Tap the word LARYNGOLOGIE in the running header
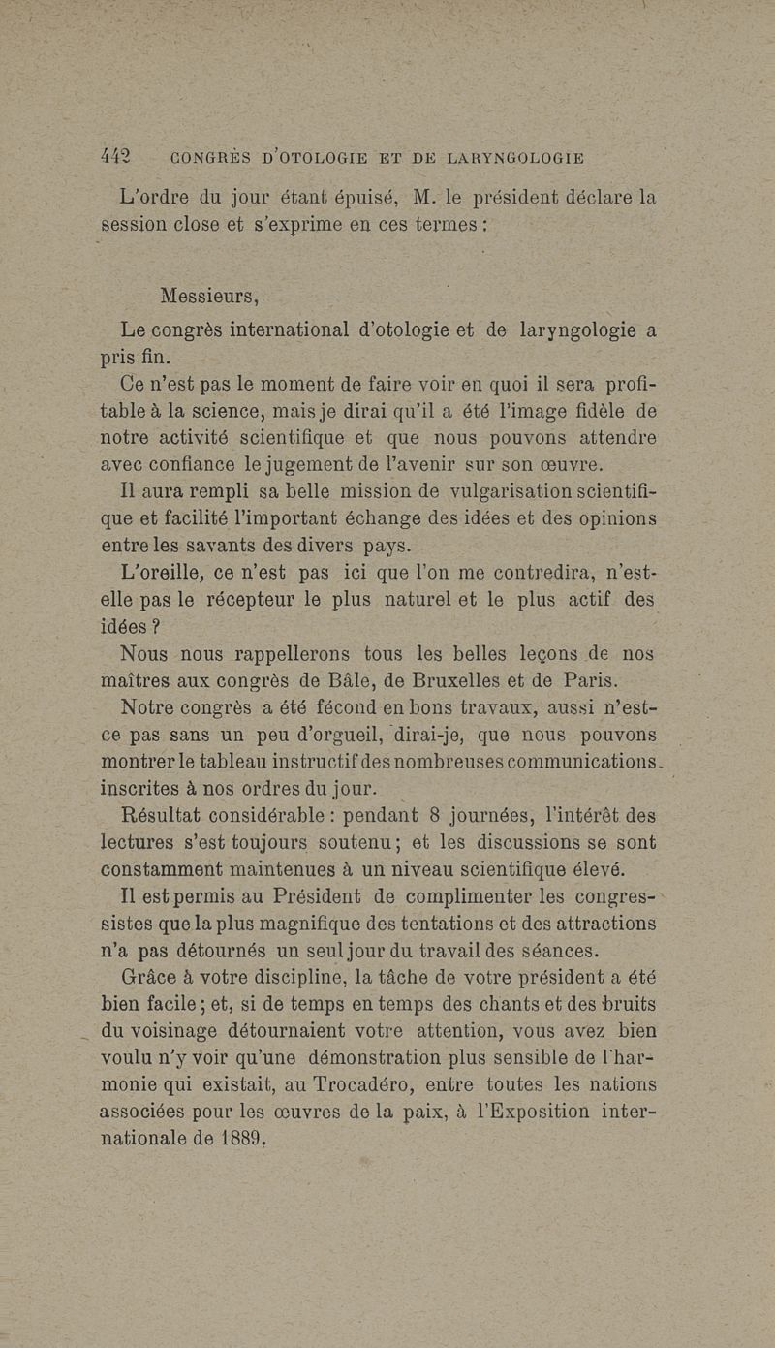coord(516,158)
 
